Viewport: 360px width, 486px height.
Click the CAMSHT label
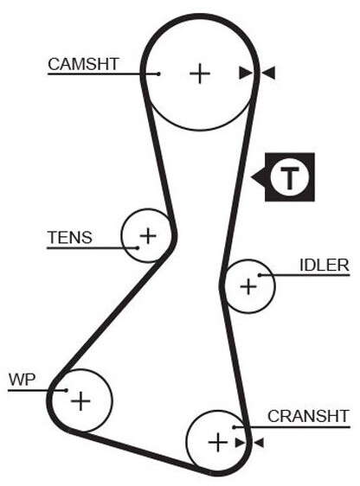click(x=83, y=64)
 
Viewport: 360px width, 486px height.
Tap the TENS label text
click(x=70, y=238)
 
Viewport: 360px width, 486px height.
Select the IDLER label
click(x=325, y=265)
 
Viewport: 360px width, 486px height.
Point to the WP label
click(x=22, y=380)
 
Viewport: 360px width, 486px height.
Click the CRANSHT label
click(x=309, y=416)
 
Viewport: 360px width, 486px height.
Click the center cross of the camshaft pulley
click(x=200, y=74)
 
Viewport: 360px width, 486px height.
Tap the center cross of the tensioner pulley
click(x=148, y=236)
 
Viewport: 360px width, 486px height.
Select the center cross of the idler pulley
click(x=248, y=286)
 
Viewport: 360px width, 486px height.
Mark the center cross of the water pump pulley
click(x=80, y=400)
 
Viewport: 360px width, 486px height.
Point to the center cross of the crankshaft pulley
click(x=218, y=442)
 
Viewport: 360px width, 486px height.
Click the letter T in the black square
click(x=290, y=177)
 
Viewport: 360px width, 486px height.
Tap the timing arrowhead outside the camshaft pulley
click(x=268, y=74)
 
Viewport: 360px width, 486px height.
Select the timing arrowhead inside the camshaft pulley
click(x=246, y=74)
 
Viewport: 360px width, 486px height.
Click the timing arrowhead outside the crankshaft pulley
click(x=259, y=443)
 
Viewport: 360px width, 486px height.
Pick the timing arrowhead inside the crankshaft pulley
click(x=241, y=443)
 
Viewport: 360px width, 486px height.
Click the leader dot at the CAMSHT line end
click(x=158, y=74)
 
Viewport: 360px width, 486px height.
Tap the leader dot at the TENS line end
click(x=138, y=247)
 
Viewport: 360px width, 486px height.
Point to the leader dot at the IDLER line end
click(x=260, y=275)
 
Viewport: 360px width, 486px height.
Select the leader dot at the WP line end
click(x=66, y=390)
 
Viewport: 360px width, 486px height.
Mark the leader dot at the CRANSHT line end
click(x=235, y=427)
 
